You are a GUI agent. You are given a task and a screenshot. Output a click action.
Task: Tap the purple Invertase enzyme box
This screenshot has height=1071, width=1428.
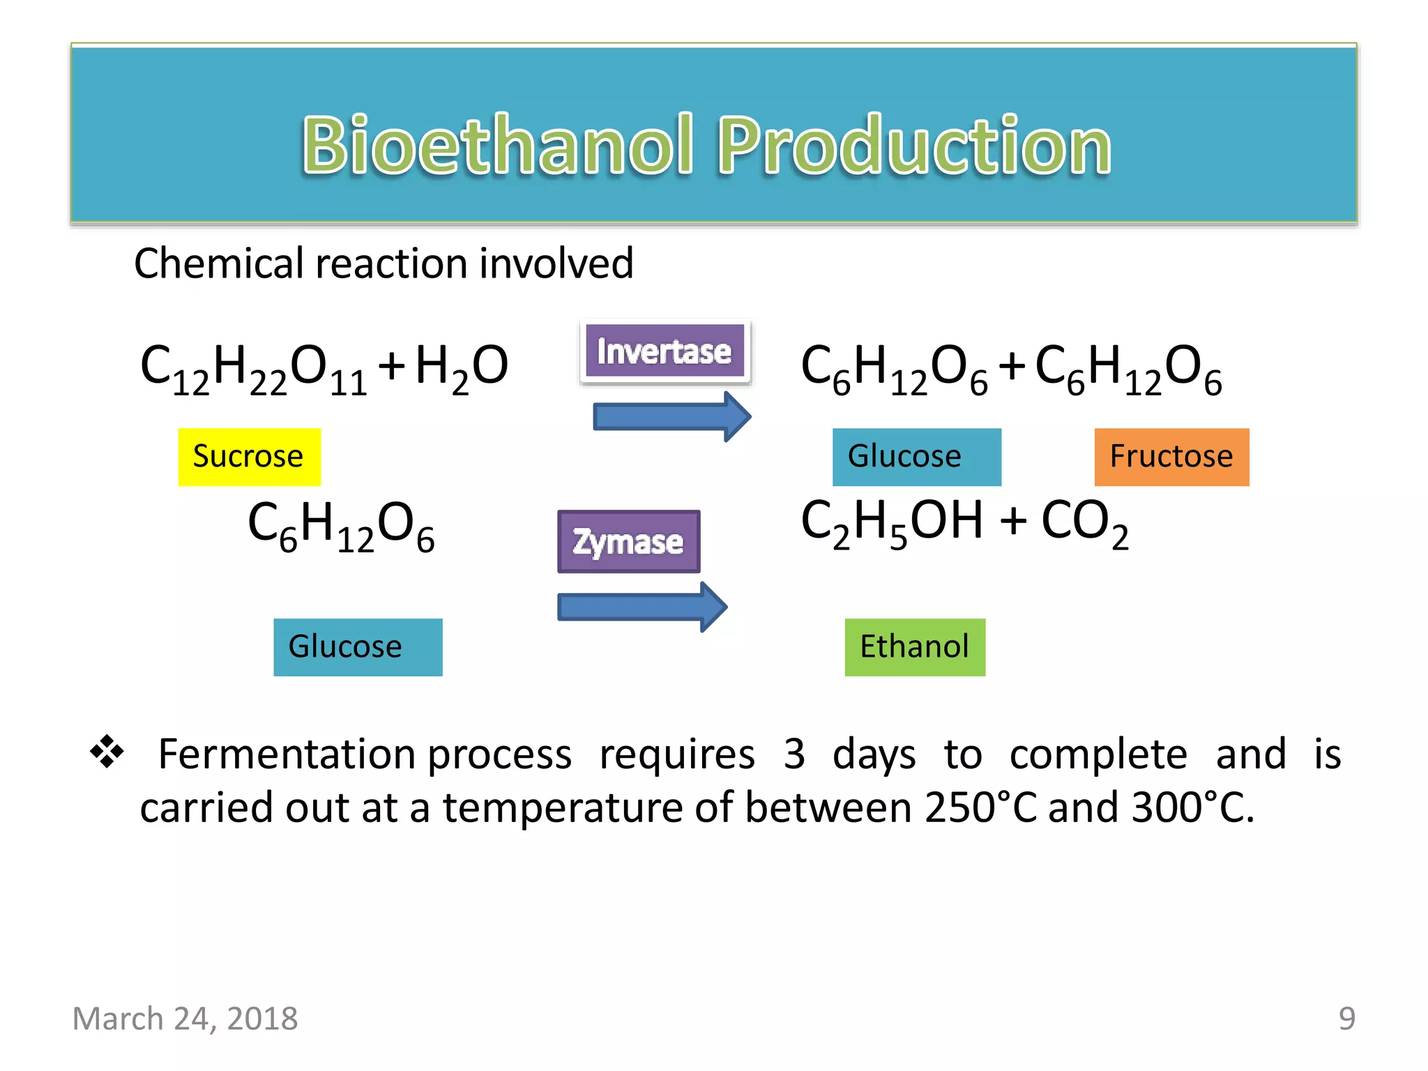tap(664, 351)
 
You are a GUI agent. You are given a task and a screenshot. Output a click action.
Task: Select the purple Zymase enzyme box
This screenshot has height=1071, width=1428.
tap(628, 542)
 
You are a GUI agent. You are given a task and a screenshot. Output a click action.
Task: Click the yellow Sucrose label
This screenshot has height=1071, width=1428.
tap(249, 457)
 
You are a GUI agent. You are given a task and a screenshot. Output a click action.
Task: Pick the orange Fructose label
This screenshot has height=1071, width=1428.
tap(1171, 457)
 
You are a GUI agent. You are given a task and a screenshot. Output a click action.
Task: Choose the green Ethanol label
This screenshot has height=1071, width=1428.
tap(915, 647)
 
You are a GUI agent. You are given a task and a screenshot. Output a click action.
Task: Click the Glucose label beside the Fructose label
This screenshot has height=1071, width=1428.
tap(916, 457)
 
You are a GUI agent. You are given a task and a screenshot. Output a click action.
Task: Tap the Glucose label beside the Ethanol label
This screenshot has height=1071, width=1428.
tap(358, 647)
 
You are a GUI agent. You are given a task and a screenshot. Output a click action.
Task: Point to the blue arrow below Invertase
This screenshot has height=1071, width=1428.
tap(671, 417)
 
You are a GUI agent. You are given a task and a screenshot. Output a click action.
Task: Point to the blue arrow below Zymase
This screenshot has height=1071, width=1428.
tap(641, 607)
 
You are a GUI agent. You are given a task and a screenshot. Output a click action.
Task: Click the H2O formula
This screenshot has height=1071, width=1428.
tap(462, 369)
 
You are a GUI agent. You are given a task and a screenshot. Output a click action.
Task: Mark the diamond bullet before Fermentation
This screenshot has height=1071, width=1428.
tap(107, 752)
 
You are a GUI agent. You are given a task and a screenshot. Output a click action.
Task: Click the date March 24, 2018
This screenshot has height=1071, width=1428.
tap(185, 1019)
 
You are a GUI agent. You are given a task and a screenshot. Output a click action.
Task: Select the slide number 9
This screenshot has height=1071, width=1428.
tap(1346, 1019)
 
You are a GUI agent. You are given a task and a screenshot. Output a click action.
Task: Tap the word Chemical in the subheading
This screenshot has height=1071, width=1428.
tap(220, 264)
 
